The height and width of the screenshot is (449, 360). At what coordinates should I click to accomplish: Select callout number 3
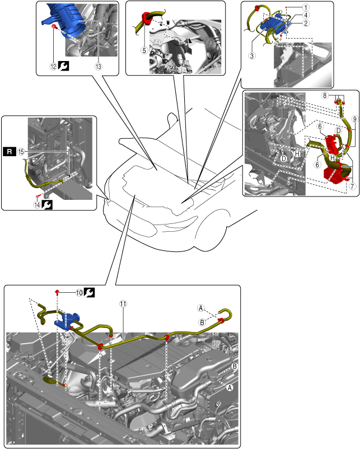click(253, 55)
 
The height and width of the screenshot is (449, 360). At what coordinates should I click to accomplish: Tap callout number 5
click(144, 50)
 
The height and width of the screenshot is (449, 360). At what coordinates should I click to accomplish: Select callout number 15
click(20, 152)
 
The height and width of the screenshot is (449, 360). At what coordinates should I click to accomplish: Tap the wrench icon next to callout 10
click(88, 292)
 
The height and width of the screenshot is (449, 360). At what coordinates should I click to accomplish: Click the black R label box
click(10, 151)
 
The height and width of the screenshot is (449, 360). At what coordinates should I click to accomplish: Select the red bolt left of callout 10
click(58, 292)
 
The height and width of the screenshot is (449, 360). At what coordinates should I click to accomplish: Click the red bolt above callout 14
click(38, 196)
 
